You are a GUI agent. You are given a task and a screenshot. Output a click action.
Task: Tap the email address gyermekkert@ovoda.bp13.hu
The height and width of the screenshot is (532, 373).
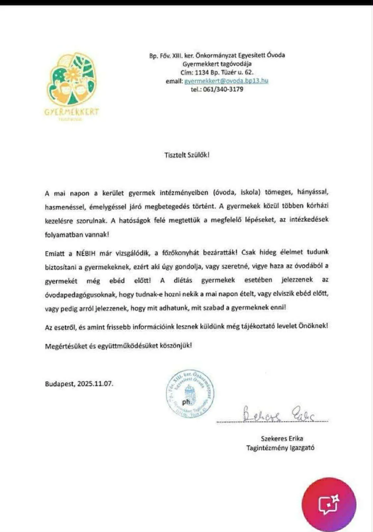(226, 81)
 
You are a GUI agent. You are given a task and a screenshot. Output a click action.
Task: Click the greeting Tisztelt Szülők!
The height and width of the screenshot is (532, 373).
(187, 155)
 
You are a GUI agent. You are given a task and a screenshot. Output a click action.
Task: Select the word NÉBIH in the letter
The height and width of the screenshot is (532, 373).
(86, 253)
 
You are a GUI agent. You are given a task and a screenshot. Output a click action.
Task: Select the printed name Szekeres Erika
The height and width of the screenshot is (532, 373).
(282, 438)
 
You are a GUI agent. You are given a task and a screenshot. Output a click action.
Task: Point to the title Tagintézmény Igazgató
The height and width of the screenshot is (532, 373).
(280, 448)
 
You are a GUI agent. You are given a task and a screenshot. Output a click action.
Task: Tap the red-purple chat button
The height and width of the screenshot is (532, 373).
(329, 504)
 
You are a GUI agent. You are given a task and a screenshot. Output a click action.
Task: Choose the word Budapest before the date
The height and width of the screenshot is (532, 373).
(60, 384)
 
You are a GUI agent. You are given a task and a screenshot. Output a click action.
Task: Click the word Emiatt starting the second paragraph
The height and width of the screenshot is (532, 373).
(55, 253)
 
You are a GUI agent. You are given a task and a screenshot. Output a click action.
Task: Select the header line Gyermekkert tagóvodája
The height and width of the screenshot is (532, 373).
(217, 64)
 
